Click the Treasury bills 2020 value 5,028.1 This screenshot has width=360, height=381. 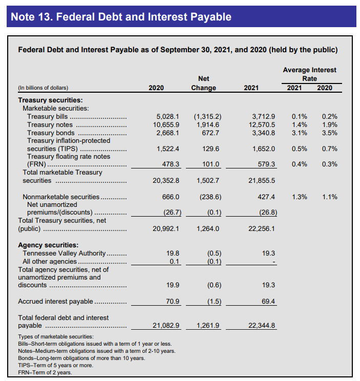pyautogui.click(x=167, y=117)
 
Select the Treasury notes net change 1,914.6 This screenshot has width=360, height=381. pyautogui.click(x=208, y=124)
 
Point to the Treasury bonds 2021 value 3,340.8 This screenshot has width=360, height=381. pyautogui.click(x=264, y=133)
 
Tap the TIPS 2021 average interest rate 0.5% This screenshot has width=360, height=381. pyautogui.click(x=299, y=149)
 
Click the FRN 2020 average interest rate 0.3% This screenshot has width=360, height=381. pyautogui.click(x=330, y=164)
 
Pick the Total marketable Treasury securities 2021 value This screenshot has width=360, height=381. pyautogui.click(x=262, y=181)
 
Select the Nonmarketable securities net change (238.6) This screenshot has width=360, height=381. pyautogui.click(x=210, y=197)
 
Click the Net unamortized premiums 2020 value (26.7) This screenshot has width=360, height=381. pyautogui.click(x=172, y=213)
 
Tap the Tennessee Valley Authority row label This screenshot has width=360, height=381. pyautogui.click(x=64, y=253)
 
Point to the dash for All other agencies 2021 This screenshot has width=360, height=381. pyautogui.click(x=274, y=262)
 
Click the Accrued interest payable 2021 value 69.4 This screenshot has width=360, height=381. pyautogui.click(x=268, y=301)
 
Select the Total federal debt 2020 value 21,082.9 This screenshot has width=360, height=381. pyautogui.click(x=166, y=325)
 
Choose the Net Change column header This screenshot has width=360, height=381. pyautogui.click(x=204, y=83)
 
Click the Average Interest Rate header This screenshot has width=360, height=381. pyautogui.click(x=309, y=74)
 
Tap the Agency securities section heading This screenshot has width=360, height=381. pyautogui.click(x=48, y=245)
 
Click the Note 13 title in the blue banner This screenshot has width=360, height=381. pyautogui.click(x=121, y=17)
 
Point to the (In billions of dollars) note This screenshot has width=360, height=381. pyautogui.click(x=43, y=88)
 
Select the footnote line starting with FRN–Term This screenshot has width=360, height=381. pyautogui.click(x=45, y=372)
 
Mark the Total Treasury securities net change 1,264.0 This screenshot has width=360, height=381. pyautogui.click(x=208, y=228)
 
